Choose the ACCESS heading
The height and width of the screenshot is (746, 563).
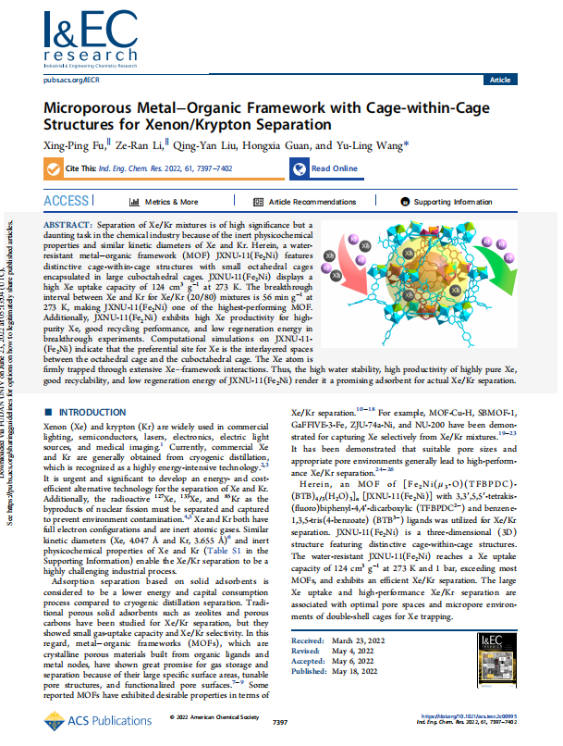67,202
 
